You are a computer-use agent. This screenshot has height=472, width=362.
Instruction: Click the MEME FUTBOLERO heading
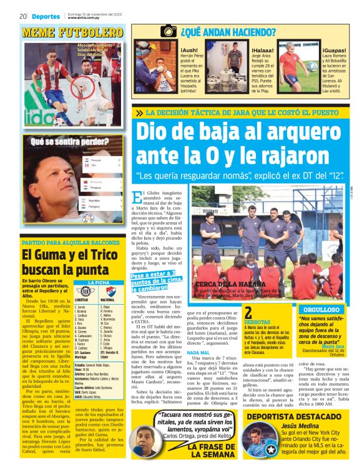tap(72, 31)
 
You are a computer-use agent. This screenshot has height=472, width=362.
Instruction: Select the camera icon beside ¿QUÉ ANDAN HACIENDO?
tap(168, 31)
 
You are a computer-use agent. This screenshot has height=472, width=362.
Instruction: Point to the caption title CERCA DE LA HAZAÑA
tap(230, 284)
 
